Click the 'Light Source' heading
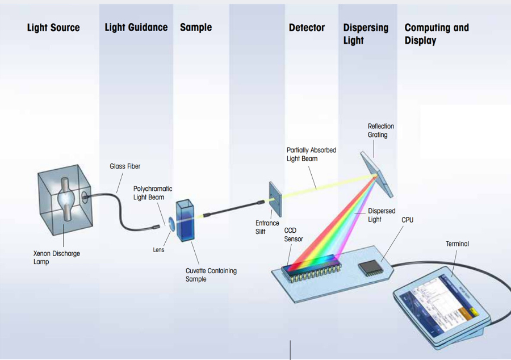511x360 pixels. point(53,28)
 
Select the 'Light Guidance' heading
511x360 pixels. point(136,27)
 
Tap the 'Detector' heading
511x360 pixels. point(307,28)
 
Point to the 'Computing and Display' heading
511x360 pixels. point(437,34)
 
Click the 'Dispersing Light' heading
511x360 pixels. point(366,34)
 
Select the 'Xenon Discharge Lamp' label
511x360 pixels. point(56,258)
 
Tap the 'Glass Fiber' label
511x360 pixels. point(125,166)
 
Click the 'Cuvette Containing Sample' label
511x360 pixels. point(211,275)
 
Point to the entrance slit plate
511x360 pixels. point(275,199)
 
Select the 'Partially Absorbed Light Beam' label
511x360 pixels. point(311,154)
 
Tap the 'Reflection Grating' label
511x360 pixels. point(380,131)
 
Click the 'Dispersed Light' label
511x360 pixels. point(382,215)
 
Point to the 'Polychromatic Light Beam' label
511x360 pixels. point(153,193)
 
